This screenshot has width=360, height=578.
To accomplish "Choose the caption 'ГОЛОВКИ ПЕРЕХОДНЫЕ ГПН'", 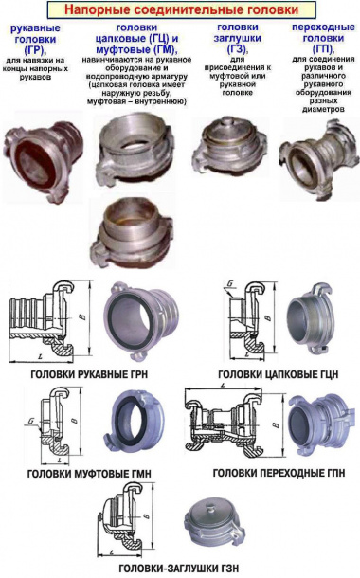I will [271, 472].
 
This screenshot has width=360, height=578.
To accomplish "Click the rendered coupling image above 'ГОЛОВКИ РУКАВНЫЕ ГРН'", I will [139, 322].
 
